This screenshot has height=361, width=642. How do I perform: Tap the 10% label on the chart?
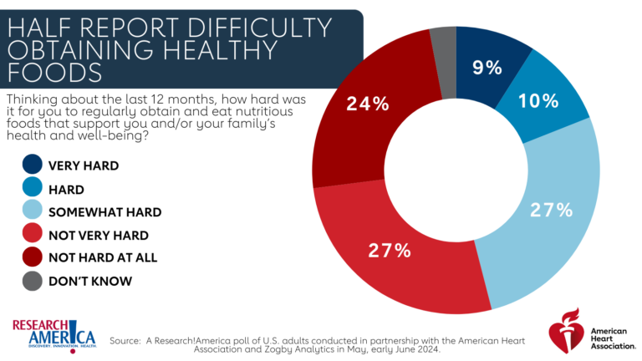[538, 101]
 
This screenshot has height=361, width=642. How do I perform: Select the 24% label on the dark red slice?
[368, 104]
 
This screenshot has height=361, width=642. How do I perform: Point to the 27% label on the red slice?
[390, 250]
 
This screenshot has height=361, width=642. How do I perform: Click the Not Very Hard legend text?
[98, 235]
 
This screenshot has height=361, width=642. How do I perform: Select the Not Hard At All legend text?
[102, 257]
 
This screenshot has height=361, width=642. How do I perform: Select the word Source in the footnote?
[125, 340]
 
